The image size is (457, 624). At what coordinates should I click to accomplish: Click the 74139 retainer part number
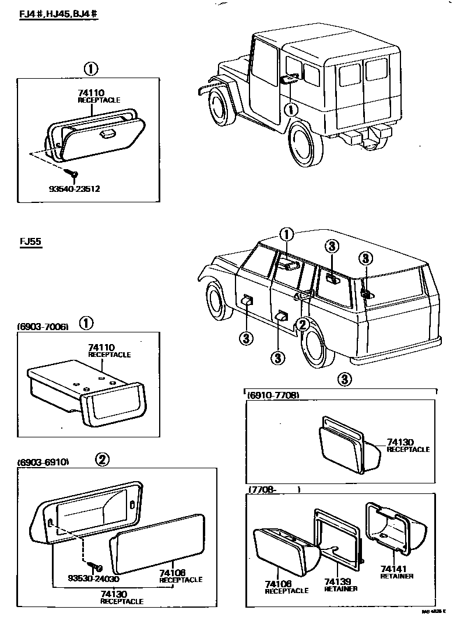340,581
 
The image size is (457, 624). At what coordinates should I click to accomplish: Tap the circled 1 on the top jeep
291,109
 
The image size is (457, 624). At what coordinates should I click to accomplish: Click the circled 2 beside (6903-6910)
102,460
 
